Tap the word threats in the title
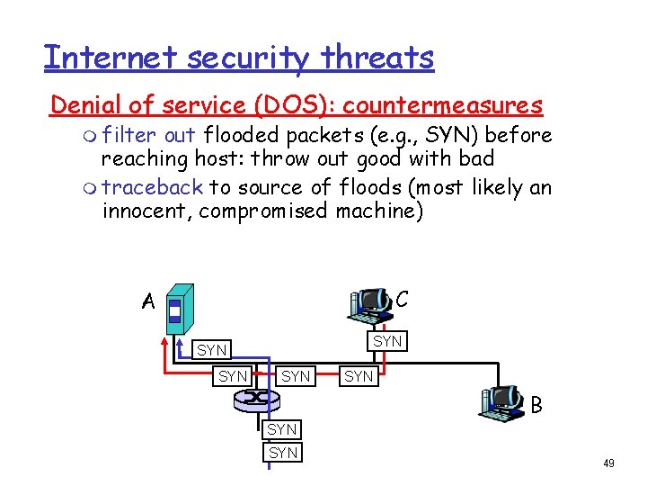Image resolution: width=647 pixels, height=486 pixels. click(x=379, y=58)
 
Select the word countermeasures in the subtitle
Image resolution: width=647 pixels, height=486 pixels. click(x=443, y=105)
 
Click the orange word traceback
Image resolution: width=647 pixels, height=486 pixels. click(x=153, y=187)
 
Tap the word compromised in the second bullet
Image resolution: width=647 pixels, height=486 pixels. click(x=262, y=211)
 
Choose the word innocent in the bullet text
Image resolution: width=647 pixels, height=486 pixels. click(x=146, y=211)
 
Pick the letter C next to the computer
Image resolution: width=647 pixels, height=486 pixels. click(x=403, y=297)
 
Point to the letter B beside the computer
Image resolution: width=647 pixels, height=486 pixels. click(x=536, y=406)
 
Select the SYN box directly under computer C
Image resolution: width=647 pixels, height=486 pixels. click(x=387, y=341)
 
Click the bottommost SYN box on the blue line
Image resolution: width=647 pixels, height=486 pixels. click(x=283, y=453)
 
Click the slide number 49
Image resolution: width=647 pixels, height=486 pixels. click(x=608, y=463)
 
